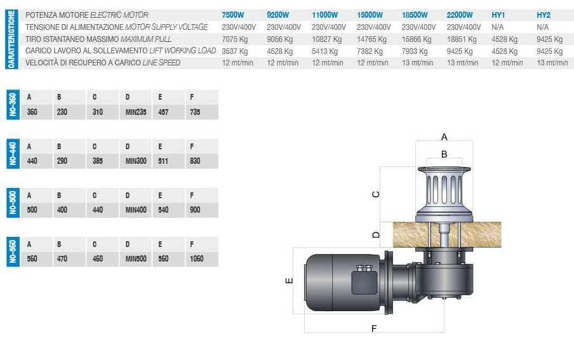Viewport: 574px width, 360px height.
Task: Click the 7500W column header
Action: [x=233, y=15]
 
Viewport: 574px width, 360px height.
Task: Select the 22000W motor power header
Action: [x=460, y=15]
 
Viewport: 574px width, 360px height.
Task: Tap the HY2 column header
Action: [x=544, y=15]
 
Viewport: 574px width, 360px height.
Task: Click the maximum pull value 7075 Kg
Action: [x=235, y=39]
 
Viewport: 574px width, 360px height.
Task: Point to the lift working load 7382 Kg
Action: [x=370, y=51]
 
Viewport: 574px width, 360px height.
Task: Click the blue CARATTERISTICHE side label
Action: [x=11, y=39]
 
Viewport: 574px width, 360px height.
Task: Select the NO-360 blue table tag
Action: [x=13, y=105]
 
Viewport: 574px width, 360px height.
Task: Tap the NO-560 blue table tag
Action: [x=13, y=251]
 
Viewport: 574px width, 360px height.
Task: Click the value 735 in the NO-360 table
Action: [x=195, y=112]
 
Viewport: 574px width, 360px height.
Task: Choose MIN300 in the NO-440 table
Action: [x=136, y=161]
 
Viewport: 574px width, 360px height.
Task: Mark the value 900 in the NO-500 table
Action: [x=195, y=210]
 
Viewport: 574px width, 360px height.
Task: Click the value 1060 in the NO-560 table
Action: [x=196, y=258]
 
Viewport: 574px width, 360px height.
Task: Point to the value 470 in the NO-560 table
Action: [x=62, y=258]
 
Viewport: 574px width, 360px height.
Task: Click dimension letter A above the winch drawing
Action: [x=444, y=137]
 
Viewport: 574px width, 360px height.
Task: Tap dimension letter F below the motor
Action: [x=374, y=328]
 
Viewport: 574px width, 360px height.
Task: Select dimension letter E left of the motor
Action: [x=289, y=281]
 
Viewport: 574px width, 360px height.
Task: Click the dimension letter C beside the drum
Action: [x=376, y=194]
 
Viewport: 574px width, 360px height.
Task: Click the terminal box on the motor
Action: [x=364, y=280]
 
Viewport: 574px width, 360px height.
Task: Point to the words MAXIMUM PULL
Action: [x=146, y=39]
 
